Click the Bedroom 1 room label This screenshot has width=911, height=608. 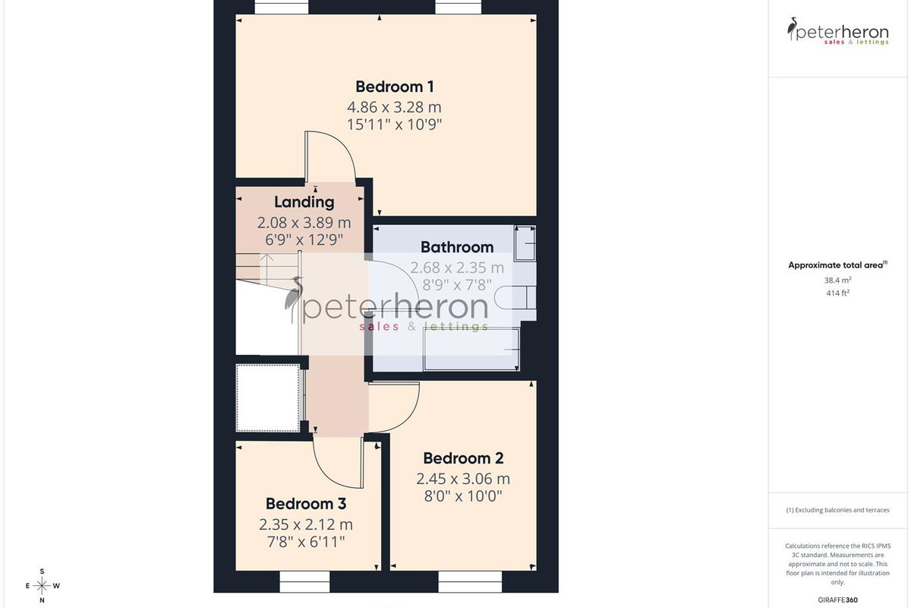click(395, 87)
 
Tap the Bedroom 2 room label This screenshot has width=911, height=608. click(463, 458)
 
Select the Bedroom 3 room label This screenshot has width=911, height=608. click(306, 504)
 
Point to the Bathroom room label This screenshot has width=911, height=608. click(457, 247)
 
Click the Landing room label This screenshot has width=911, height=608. click(304, 202)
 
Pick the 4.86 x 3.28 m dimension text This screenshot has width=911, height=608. click(394, 107)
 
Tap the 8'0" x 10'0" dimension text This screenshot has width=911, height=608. click(463, 496)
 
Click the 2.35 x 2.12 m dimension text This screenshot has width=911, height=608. click(306, 524)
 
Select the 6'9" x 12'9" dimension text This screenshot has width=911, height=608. click(304, 240)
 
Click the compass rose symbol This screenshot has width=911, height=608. click(42, 586)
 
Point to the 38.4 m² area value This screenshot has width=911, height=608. click(838, 280)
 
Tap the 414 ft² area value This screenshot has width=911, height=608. click(838, 293)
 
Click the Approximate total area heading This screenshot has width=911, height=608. click(838, 265)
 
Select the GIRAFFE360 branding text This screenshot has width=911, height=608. click(838, 600)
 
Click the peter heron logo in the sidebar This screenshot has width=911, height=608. click(838, 31)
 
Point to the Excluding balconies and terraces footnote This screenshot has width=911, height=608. click(838, 510)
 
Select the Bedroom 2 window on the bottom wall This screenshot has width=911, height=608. click(470, 581)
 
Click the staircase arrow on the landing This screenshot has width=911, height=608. click(266, 270)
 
